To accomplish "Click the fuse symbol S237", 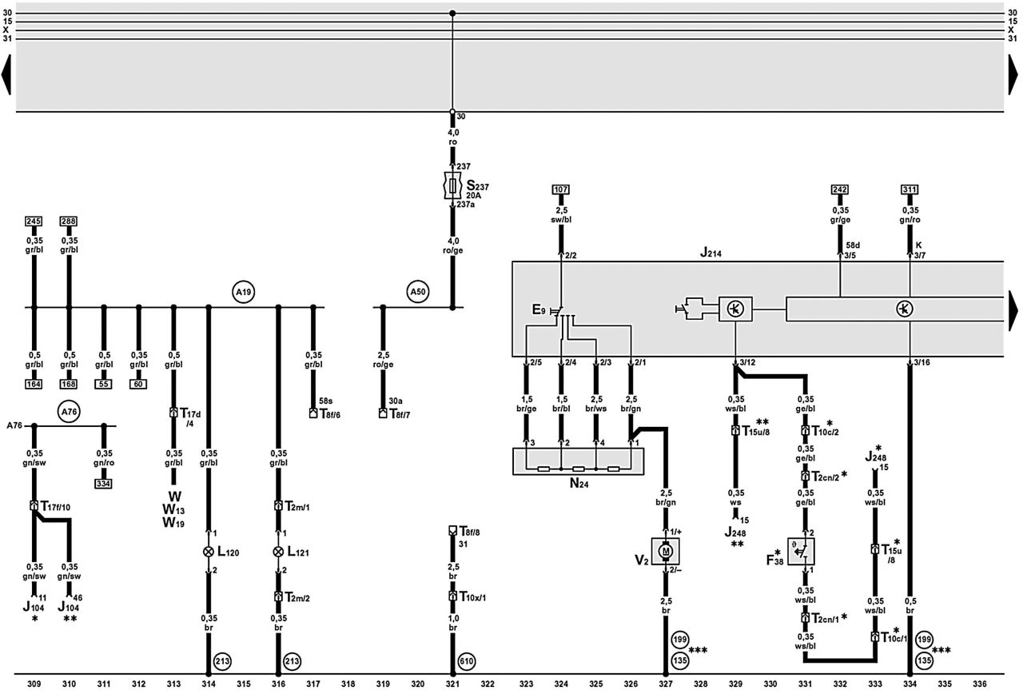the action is (x=452, y=185).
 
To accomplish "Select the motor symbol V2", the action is (x=666, y=551).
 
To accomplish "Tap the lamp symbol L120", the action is (x=209, y=552).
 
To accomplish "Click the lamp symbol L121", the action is (x=278, y=552).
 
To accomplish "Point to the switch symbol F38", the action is (x=801, y=551).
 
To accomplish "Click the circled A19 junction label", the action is (x=244, y=292).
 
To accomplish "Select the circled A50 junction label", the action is (x=418, y=292).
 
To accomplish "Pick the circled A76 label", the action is (x=69, y=412).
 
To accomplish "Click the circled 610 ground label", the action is (x=466, y=661).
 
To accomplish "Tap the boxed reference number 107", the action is (x=561, y=189).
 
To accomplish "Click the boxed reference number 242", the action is (x=840, y=189).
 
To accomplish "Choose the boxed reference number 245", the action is (x=34, y=221).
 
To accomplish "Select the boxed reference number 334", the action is (x=104, y=484).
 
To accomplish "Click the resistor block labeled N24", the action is (x=578, y=461).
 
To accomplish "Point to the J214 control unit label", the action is (x=711, y=252).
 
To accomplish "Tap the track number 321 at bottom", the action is (x=452, y=684).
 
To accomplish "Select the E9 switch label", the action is (x=539, y=309).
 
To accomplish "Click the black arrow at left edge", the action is (x=6, y=74).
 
